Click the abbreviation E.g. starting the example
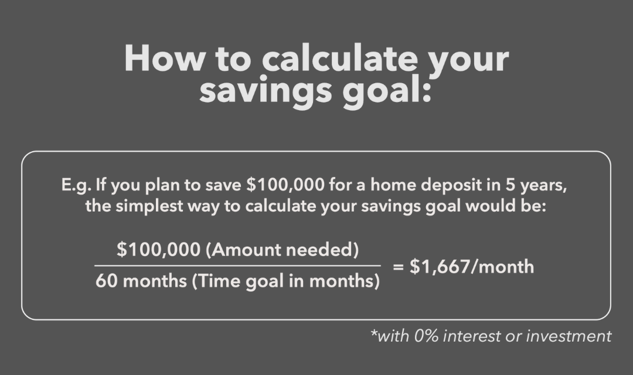pyautogui.click(x=77, y=186)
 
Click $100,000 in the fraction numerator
pyautogui.click(x=158, y=250)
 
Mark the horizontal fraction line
pyautogui.click(x=237, y=266)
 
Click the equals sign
pyautogui.click(x=399, y=267)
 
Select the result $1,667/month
pyautogui.click(x=471, y=267)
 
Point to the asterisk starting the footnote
pyautogui.click(x=374, y=332)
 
